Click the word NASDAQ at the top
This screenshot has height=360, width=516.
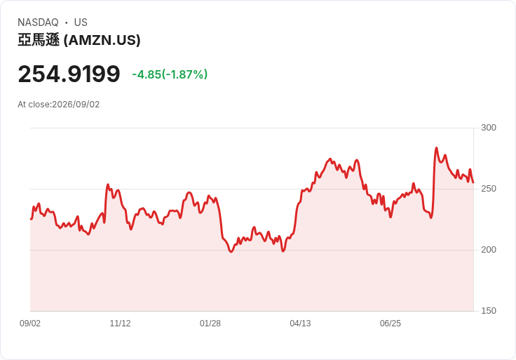coord(38,22)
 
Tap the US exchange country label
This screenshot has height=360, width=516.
coord(81,22)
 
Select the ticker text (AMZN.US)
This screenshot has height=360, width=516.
coord(102,40)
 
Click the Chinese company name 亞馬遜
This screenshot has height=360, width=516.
coord(39,40)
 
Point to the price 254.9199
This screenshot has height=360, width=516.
coord(69,74)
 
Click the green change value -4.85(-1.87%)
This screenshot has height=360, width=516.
coord(170,74)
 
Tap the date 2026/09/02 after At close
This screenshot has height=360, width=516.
coord(76,105)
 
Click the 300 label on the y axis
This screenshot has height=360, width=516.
coord(489,128)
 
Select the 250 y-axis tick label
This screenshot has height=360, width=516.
coord(489,189)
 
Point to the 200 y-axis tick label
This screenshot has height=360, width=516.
coord(489,250)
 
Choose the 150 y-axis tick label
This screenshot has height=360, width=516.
coord(489,311)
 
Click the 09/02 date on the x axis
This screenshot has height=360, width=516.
coord(30,324)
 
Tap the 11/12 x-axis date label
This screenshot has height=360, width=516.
coord(120,324)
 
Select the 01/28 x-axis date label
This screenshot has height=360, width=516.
coord(210,324)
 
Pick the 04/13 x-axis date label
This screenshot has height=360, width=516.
coord(300,324)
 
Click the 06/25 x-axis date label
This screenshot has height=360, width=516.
coord(391,324)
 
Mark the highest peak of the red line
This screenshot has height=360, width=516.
coord(436,148)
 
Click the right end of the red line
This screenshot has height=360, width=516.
coord(473,182)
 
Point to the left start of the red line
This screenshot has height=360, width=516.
coord(31,219)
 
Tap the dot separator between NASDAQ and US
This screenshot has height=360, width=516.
coord(66,22)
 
